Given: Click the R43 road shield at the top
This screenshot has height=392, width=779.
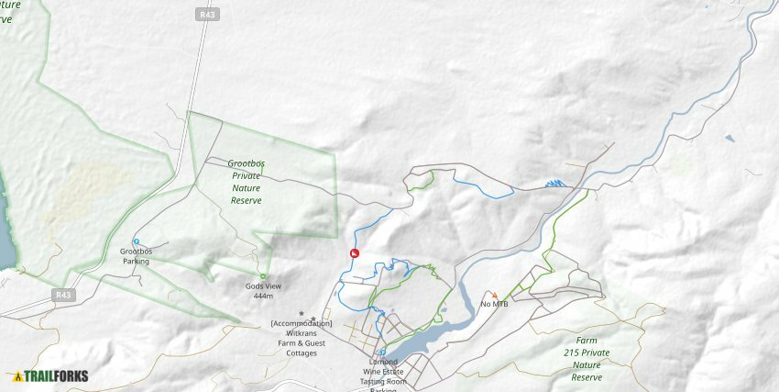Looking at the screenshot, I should click(x=206, y=15).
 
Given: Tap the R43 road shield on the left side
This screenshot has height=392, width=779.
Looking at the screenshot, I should click(x=62, y=295).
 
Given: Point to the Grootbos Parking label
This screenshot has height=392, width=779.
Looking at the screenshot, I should click(x=135, y=255).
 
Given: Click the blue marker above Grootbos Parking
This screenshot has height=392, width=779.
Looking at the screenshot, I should click(x=136, y=241).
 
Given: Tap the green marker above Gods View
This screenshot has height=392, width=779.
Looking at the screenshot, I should click(x=263, y=275).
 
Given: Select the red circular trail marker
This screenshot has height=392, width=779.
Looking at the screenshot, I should click(x=355, y=253).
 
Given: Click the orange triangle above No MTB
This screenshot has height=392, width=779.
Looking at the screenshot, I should click(x=494, y=295).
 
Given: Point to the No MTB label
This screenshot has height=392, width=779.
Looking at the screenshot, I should click(x=494, y=304).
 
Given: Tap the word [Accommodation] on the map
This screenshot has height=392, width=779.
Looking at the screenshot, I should click(x=302, y=323).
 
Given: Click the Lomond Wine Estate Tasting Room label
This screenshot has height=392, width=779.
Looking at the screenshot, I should click(x=384, y=372).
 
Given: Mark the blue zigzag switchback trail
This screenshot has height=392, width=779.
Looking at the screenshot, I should click(x=554, y=184).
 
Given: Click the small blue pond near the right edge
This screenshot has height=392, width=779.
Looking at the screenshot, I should click(x=729, y=139).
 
